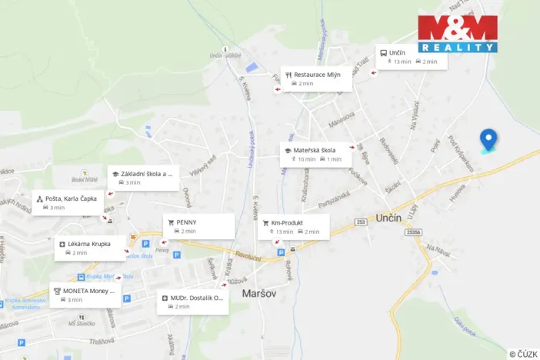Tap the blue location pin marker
(x=488, y=140)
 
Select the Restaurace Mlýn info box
(x=317, y=78)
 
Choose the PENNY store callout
(x=198, y=225)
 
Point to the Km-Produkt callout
(x=294, y=226)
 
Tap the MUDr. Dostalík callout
(x=193, y=301)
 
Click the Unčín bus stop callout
(x=410, y=56)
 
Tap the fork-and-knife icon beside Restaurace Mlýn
(x=288, y=75)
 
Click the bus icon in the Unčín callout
(x=382, y=52)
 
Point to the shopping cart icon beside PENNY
(x=171, y=222)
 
